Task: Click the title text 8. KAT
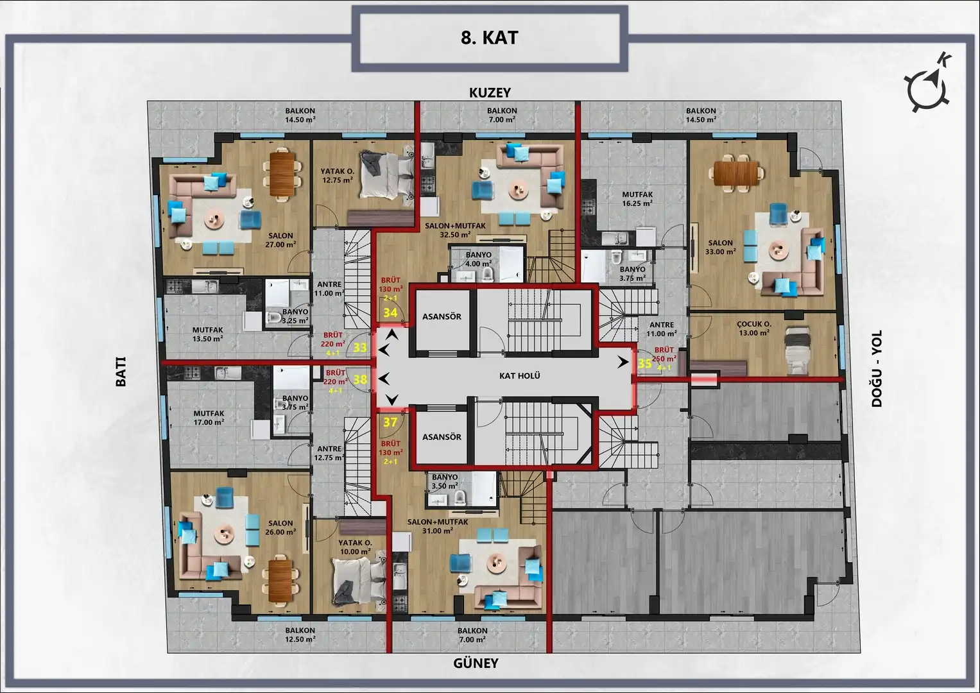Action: pyautogui.click(x=489, y=38)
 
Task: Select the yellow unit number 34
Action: pyautogui.click(x=390, y=312)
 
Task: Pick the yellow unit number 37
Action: pyautogui.click(x=390, y=422)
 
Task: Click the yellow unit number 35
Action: pyautogui.click(x=644, y=364)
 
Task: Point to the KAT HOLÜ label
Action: pyautogui.click(x=520, y=376)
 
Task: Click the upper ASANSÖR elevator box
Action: pyautogui.click(x=442, y=322)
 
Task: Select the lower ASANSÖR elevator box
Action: pyautogui.click(x=442, y=436)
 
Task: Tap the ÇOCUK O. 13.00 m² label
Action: pyautogui.click(x=754, y=329)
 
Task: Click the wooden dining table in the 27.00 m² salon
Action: pyautogui.click(x=281, y=173)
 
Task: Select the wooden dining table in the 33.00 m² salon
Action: pyautogui.click(x=735, y=173)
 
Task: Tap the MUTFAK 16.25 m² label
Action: pyautogui.click(x=637, y=199)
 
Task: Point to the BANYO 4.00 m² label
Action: pyautogui.click(x=479, y=259)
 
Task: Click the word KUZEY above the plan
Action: pyautogui.click(x=490, y=93)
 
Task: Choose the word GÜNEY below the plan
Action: pyautogui.click(x=476, y=663)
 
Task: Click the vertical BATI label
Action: pyautogui.click(x=121, y=372)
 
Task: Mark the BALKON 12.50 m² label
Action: pyautogui.click(x=300, y=635)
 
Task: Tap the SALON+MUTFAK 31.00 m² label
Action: pyautogui.click(x=438, y=526)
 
